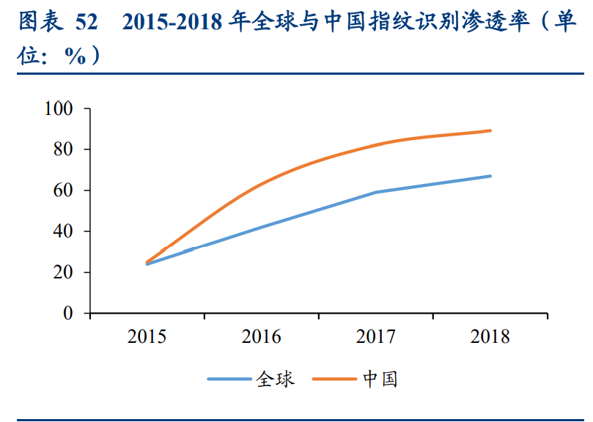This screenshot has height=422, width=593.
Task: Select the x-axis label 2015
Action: tap(147, 337)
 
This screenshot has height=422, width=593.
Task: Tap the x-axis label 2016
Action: tap(262, 337)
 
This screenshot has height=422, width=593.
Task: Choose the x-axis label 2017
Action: tap(376, 337)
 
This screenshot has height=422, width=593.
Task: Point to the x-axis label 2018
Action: tap(490, 337)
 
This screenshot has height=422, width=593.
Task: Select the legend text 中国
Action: tap(380, 380)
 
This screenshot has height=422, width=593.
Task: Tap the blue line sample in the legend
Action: tap(229, 380)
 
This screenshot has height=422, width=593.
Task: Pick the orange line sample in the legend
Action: tap(335, 380)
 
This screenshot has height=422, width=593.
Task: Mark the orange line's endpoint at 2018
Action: tap(490, 130)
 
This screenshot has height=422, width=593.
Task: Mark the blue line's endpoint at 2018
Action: tap(490, 176)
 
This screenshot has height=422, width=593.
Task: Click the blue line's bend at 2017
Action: tap(376, 192)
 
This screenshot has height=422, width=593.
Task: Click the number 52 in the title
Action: tap(86, 23)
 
